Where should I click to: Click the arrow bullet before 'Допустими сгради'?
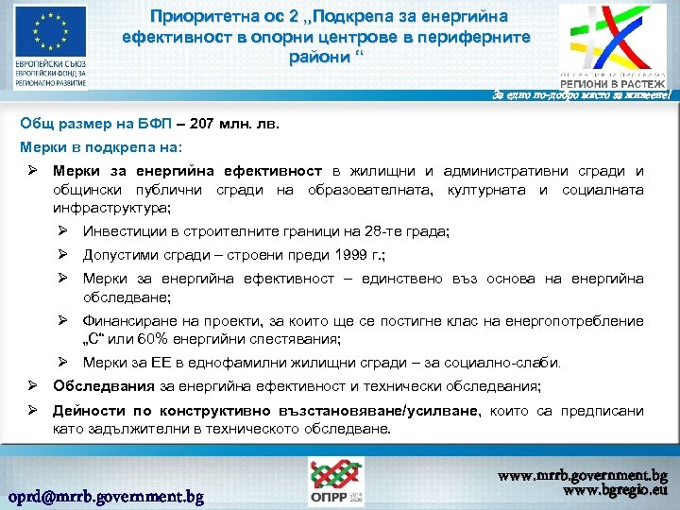click(62, 255)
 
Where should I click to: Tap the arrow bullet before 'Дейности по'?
click(32, 411)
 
